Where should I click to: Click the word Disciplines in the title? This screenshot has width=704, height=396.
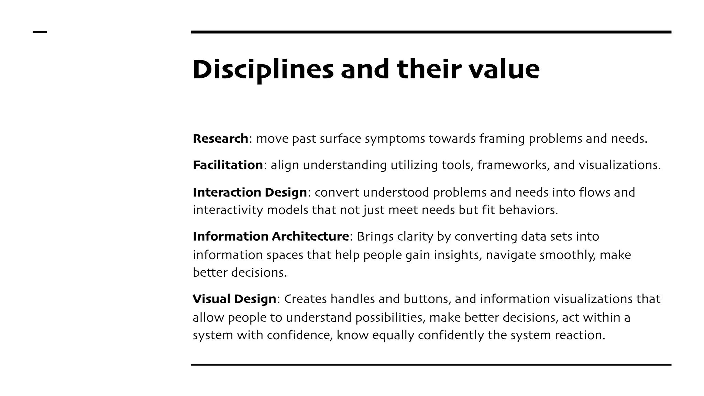[x=263, y=70]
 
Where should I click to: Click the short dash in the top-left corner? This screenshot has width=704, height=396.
[x=40, y=32]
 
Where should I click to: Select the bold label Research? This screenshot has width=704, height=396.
[x=220, y=139]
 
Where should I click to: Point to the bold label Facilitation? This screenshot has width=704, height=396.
[x=228, y=165]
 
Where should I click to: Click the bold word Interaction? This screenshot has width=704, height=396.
[x=222, y=192]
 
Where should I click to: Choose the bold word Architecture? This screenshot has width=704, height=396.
[x=310, y=236]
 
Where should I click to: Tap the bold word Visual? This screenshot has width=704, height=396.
[x=211, y=299]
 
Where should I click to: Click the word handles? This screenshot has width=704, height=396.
[x=352, y=299]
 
